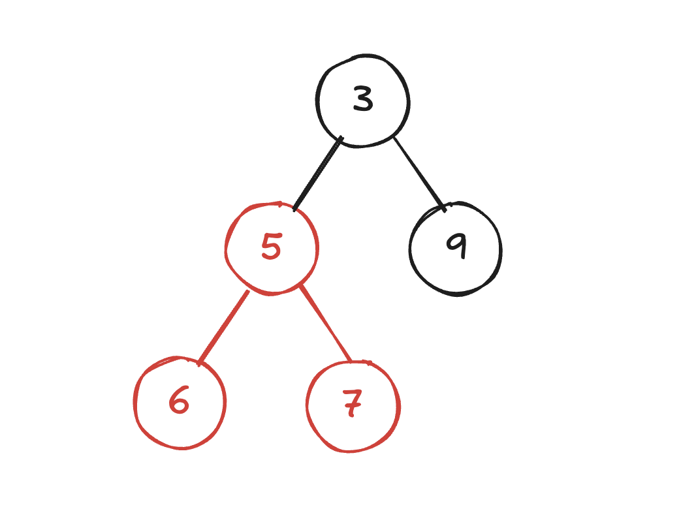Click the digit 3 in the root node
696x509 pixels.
(x=363, y=100)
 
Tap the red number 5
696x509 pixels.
(x=271, y=247)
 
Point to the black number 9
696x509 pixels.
(x=456, y=246)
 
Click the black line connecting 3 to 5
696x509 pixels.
(x=317, y=174)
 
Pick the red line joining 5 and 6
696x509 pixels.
(x=224, y=326)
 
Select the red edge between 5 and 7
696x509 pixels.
(x=325, y=324)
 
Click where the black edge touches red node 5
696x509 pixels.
(x=294, y=209)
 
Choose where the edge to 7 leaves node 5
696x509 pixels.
(x=301, y=287)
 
